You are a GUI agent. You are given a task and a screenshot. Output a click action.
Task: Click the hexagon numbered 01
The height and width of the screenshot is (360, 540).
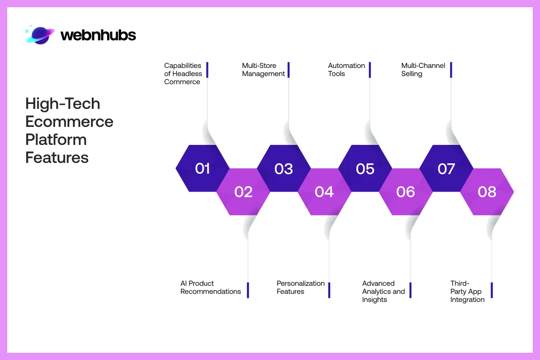pyautogui.click(x=202, y=168)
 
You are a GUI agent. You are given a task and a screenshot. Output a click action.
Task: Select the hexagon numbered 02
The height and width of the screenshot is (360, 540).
pyautogui.click(x=243, y=192)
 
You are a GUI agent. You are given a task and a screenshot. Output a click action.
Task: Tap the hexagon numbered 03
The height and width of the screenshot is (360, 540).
pyautogui.click(x=283, y=168)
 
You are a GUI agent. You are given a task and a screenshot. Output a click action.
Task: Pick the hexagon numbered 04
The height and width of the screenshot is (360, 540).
pyautogui.click(x=324, y=192)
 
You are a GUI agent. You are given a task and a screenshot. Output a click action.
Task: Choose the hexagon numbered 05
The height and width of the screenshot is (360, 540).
pyautogui.click(x=365, y=168)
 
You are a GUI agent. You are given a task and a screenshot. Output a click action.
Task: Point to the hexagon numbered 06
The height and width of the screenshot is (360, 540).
pyautogui.click(x=405, y=192)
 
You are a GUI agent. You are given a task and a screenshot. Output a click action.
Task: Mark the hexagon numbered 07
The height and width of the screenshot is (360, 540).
pyautogui.click(x=446, y=168)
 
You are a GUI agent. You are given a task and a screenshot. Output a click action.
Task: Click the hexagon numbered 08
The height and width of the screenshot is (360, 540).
pyautogui.click(x=487, y=192)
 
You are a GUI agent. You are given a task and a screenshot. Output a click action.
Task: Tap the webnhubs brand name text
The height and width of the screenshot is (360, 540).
pyautogui.click(x=98, y=35)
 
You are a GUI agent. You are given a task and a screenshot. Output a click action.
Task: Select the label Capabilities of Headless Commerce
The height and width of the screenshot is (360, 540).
pyautogui.click(x=183, y=73)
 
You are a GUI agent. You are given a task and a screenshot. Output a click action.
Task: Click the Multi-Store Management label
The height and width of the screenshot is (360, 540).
pyautogui.click(x=263, y=70)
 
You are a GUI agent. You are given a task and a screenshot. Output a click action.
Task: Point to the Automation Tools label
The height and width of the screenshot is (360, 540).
pyautogui.click(x=346, y=70)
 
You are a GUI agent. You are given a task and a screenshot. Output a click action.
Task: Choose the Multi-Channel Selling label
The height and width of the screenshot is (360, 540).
pyautogui.click(x=423, y=70)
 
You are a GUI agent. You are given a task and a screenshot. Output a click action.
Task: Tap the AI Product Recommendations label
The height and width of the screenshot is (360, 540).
pyautogui.click(x=211, y=288)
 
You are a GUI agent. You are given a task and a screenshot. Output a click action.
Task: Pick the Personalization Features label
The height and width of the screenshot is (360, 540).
pyautogui.click(x=300, y=288)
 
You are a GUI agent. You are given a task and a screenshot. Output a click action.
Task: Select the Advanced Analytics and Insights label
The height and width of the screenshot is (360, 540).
pyautogui.click(x=383, y=291)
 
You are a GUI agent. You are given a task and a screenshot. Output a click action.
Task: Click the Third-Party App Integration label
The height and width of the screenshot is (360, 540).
pyautogui.click(x=467, y=291)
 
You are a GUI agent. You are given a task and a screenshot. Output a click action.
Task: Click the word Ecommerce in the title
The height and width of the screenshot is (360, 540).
pyautogui.click(x=69, y=121)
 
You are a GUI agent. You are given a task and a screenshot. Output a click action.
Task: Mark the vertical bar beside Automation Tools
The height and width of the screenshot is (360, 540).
pyautogui.click(x=370, y=70)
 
